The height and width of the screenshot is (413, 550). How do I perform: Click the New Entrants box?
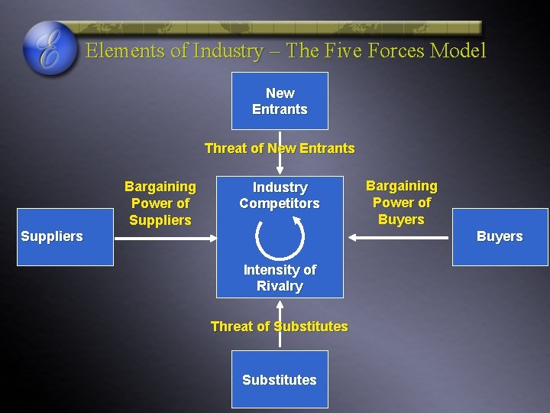[x=280, y=101]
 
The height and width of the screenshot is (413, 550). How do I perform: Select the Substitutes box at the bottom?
[x=280, y=379]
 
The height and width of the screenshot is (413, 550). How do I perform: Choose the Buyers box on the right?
[x=500, y=236]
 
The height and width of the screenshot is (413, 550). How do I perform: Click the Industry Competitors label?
[x=280, y=195]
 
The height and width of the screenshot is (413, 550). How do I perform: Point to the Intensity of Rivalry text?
[x=280, y=278]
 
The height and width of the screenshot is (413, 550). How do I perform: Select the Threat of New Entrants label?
[x=280, y=148]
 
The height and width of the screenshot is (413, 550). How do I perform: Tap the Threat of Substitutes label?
[x=280, y=327]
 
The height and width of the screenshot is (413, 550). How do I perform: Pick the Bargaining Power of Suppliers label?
[x=160, y=203]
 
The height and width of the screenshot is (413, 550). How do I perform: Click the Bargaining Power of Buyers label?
[x=402, y=203]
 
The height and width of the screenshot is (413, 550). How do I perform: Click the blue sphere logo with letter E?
[x=50, y=48]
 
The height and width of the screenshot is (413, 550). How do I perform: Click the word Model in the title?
[x=458, y=51]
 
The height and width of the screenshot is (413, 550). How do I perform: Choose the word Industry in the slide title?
[x=228, y=51]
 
